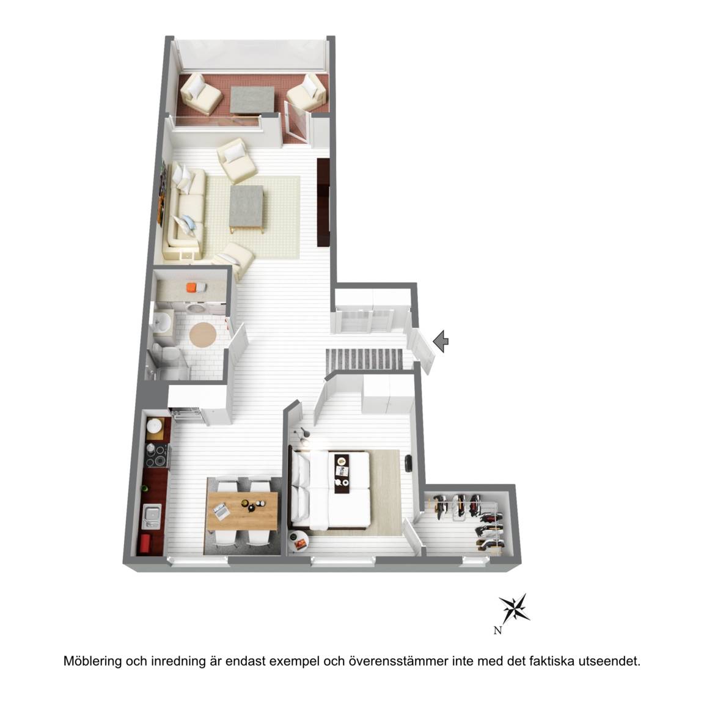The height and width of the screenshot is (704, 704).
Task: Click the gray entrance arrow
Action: pos(441,341)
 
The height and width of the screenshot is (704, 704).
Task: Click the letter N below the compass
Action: pos(497,631)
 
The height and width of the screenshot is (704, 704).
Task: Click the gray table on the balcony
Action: pos(252,100)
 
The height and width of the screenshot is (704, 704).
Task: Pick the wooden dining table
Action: pos(243,512)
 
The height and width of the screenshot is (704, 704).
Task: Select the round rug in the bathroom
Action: pos(204,334)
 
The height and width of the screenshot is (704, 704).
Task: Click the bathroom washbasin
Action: pos(161,322)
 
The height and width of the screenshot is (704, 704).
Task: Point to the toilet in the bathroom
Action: pos(163,354)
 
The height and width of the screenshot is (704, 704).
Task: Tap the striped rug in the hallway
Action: pos(365,358)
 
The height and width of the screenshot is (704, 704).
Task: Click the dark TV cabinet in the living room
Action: pos(324,202)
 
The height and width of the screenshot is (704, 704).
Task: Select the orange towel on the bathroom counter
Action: pos(192,287)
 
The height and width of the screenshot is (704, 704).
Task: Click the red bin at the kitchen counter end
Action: pos(145,544)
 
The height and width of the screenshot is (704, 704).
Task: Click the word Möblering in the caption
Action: pos(92,661)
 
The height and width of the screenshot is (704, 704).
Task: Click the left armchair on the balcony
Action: pos(200,94)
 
